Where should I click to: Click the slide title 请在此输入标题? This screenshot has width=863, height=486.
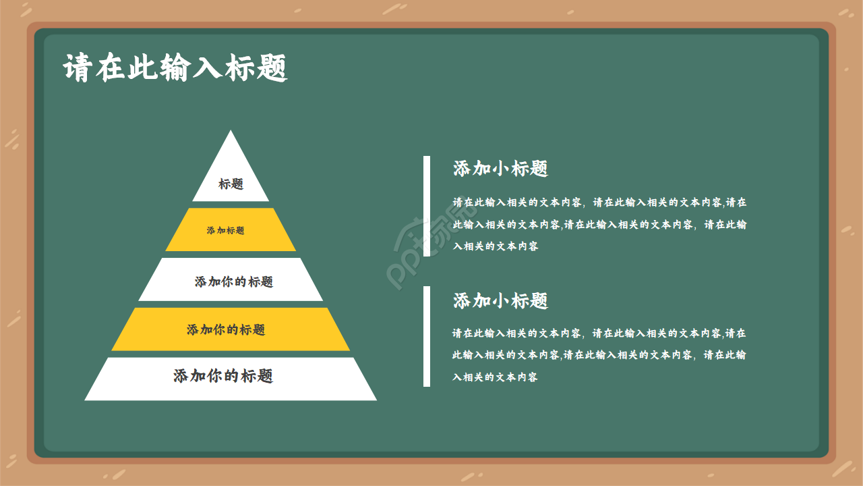point(175,68)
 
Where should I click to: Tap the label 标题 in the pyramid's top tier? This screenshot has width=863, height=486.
point(231,184)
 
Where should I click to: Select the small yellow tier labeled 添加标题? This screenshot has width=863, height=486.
point(226,230)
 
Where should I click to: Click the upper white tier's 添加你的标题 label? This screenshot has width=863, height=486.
point(234,281)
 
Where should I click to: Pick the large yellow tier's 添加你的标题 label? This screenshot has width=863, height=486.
point(226,329)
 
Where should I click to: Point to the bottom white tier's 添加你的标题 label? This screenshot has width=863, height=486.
point(223,376)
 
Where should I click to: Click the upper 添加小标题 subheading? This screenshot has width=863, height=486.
point(500,169)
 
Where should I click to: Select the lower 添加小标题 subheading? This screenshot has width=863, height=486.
point(500,300)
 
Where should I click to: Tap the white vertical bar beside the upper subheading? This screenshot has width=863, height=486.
point(427,206)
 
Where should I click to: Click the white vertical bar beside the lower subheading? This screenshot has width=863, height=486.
point(427,336)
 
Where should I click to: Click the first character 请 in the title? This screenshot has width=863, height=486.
point(77,68)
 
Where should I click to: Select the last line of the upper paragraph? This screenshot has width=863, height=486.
point(496,246)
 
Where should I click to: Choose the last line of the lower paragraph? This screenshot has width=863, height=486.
point(496,377)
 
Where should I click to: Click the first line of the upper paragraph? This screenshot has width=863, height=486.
point(599,202)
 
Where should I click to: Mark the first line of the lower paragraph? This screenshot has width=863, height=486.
point(599,333)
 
